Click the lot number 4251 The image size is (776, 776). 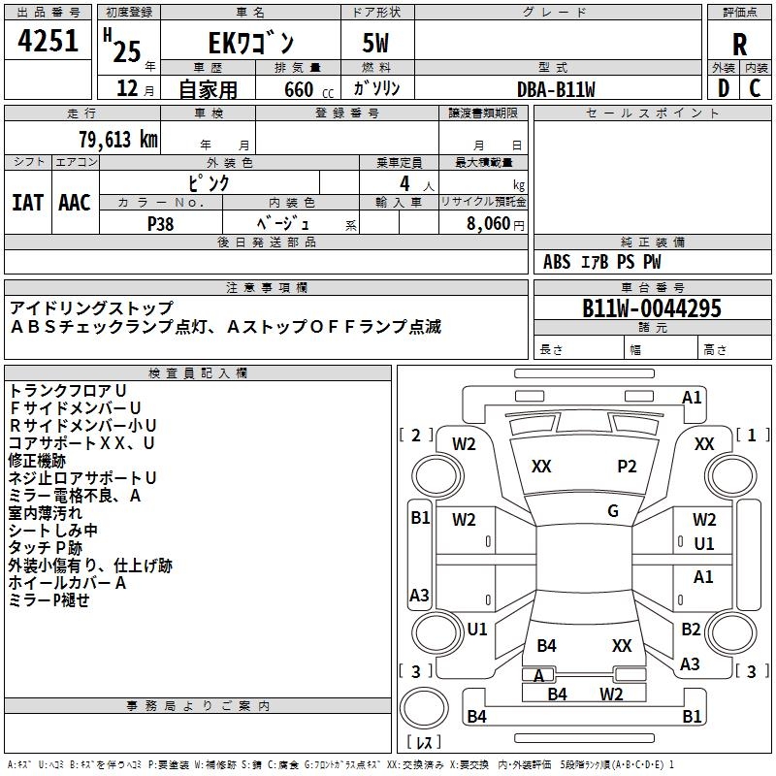point(48,41)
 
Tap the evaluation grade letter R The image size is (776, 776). point(739,44)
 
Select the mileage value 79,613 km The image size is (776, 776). point(117,140)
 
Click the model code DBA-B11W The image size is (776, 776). point(556,89)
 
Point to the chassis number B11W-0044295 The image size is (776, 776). point(651,308)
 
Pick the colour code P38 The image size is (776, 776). point(161,223)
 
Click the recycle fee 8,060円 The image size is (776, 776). point(495,223)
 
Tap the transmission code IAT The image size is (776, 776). point(27,202)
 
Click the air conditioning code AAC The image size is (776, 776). point(74,202)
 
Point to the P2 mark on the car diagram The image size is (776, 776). point(628,467)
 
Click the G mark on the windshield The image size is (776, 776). point(612,511)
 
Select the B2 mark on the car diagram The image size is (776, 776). point(690,630)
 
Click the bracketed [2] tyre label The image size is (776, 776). point(416,436)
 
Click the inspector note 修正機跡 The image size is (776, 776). point(38,460)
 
